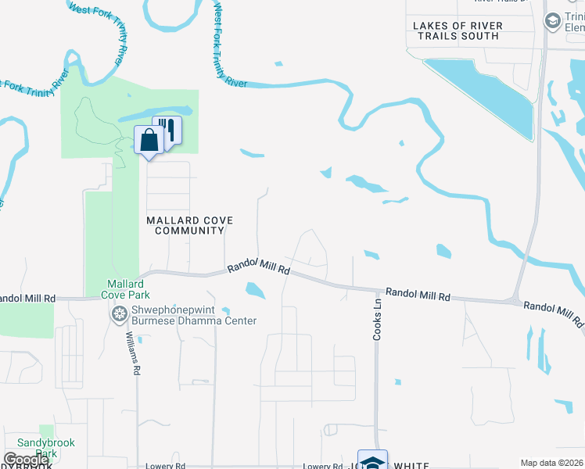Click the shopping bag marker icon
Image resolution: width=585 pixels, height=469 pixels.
point(149,141)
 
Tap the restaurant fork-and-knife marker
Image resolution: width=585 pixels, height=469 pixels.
point(167,129)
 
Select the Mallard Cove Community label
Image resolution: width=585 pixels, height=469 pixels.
point(186,225)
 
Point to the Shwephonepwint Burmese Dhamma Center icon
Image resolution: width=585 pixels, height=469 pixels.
point(120,314)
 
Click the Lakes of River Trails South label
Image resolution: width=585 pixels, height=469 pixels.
point(458,30)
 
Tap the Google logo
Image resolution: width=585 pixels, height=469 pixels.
point(26,460)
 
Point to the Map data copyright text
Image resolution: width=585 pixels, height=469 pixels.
point(552,463)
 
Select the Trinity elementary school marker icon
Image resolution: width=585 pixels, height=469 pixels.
point(554,20)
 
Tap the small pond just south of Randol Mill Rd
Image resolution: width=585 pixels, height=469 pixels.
point(255,292)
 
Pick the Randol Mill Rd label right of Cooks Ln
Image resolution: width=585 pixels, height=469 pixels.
point(418,295)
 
